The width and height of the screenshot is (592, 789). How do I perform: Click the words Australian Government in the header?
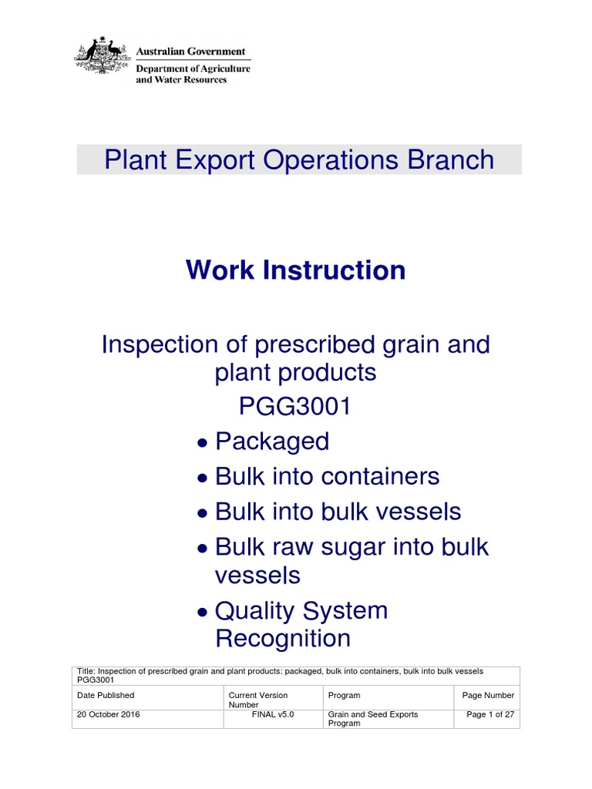point(190,52)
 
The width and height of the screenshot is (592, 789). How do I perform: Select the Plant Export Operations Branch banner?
point(299,159)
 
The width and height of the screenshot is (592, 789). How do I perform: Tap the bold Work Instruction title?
point(296,270)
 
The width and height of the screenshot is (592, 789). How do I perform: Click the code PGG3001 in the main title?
point(295,406)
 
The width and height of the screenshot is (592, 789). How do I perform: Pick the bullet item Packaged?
point(272,442)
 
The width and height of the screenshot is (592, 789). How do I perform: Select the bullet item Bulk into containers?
point(327,476)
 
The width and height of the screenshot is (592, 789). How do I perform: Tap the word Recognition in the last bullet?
point(282,639)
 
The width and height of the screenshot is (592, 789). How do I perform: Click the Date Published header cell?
point(106,695)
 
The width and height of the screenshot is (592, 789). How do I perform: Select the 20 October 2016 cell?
point(109,714)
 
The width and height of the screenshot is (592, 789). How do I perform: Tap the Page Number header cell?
point(488,695)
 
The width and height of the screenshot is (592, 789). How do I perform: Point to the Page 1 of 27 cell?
point(490,714)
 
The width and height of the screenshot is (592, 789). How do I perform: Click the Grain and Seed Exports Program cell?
point(373,719)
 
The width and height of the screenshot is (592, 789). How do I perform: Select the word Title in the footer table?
point(85,671)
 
